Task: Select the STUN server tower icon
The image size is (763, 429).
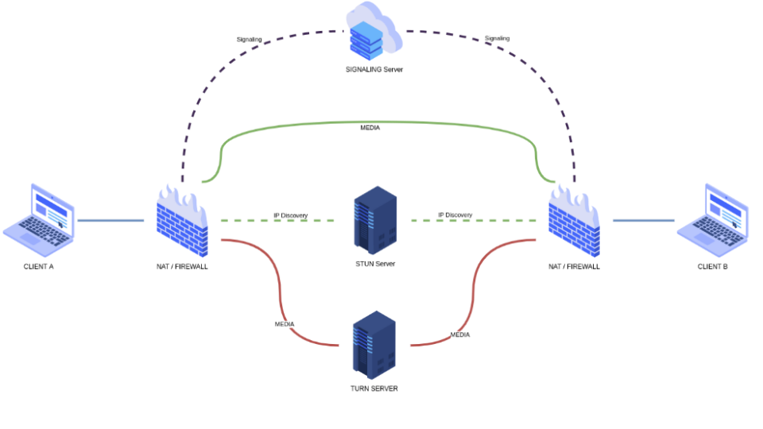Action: tap(374, 220)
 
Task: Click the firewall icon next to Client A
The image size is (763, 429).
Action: tap(182, 222)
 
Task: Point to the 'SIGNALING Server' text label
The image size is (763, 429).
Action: tap(374, 70)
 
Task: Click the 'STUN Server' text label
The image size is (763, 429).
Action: tap(375, 264)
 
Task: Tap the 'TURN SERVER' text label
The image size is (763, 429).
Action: tap(374, 389)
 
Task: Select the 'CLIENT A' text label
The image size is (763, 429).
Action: tap(39, 267)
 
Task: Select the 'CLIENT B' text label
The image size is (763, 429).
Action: tap(713, 267)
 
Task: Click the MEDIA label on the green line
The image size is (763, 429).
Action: tap(370, 127)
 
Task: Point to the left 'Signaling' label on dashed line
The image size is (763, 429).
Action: tap(249, 39)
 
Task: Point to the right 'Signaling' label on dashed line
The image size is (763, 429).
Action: tap(498, 38)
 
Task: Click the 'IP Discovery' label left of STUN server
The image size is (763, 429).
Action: tap(291, 216)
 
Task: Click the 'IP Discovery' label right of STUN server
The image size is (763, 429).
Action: tap(455, 215)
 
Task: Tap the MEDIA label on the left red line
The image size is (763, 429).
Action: tap(285, 324)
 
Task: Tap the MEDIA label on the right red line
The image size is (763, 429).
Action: tap(460, 335)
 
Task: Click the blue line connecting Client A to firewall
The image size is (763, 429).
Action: tap(111, 220)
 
